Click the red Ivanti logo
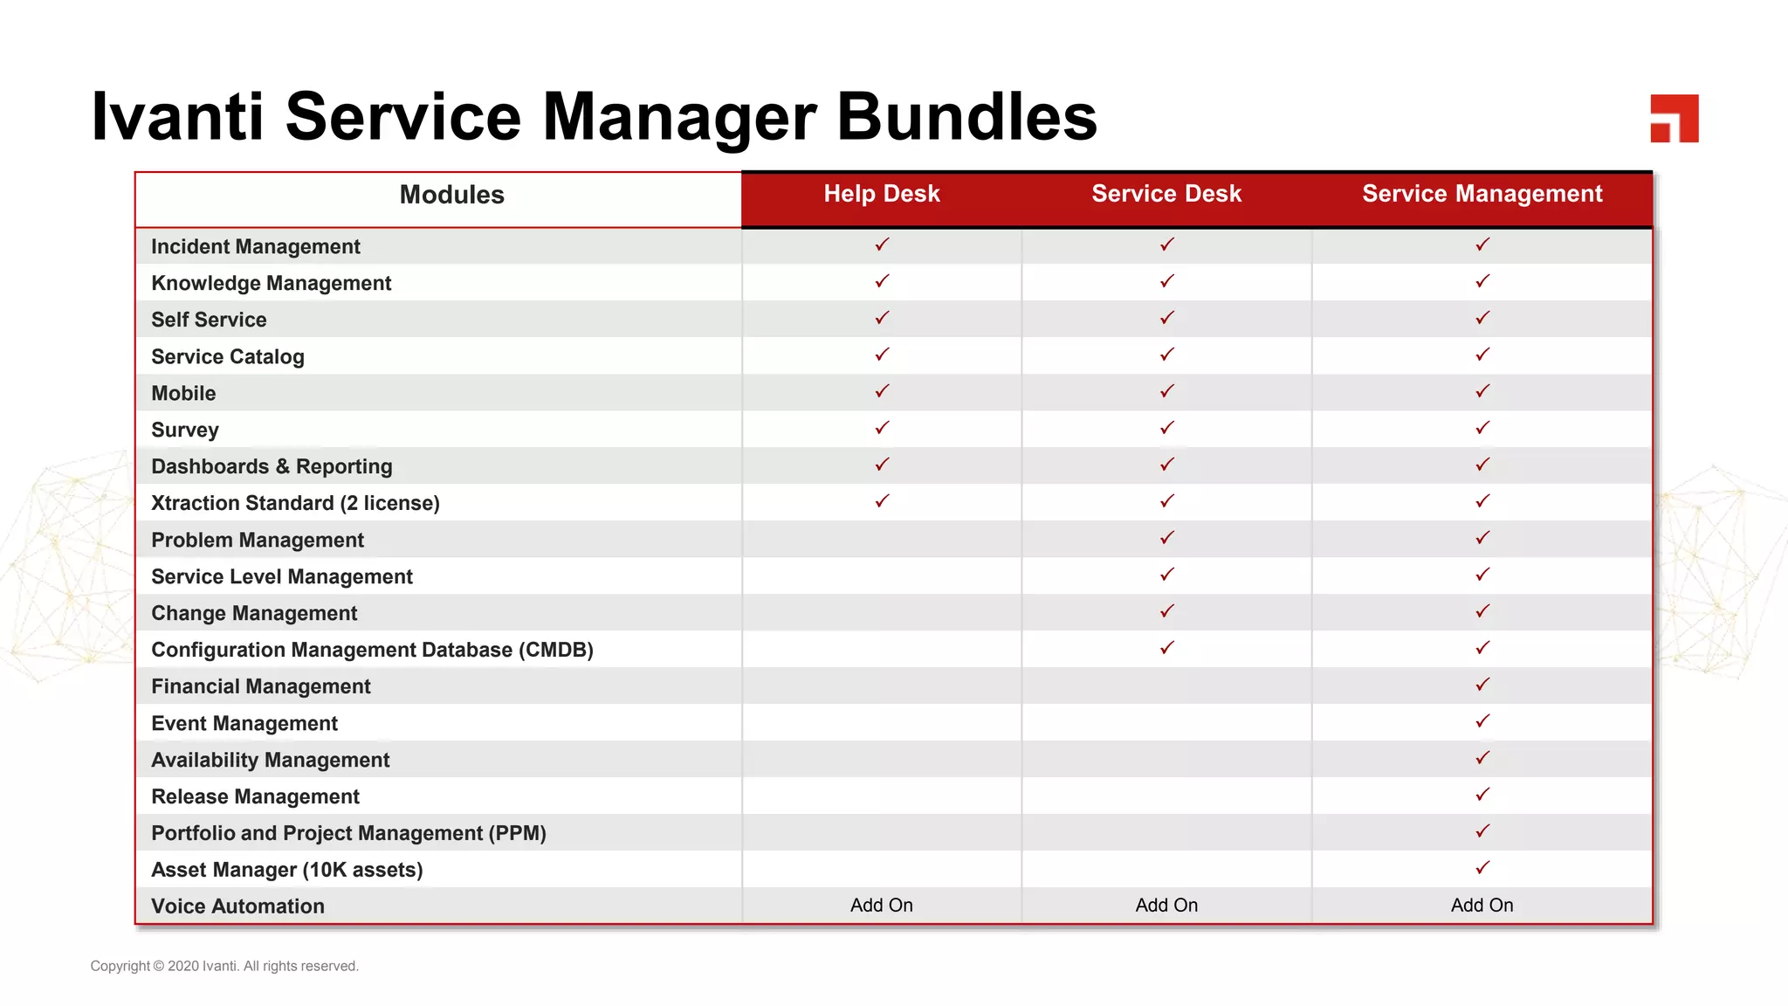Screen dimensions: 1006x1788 (1674, 118)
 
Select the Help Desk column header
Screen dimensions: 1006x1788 (882, 194)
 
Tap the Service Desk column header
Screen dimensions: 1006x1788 (1166, 194)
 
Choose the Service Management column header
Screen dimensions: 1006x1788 (1482, 194)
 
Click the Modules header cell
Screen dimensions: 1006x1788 (451, 195)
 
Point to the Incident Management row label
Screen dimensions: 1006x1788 (255, 247)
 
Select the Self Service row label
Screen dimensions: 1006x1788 (209, 320)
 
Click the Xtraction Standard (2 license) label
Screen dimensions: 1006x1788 (295, 504)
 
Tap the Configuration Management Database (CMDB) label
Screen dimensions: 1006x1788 (372, 651)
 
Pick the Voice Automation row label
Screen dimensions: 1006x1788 (237, 906)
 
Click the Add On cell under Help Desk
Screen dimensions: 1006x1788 (882, 906)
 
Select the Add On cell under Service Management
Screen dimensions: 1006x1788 (1482, 906)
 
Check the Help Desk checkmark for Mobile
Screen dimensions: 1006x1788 (882, 391)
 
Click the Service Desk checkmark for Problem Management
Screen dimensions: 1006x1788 (1167, 538)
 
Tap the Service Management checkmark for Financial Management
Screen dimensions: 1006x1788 (1482, 685)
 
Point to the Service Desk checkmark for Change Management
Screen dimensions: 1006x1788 (1167, 611)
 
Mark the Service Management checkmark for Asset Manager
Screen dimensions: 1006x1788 (1482, 868)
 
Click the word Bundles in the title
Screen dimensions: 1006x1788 (966, 117)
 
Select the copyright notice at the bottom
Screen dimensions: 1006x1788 (224, 966)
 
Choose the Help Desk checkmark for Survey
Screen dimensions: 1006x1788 (882, 428)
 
